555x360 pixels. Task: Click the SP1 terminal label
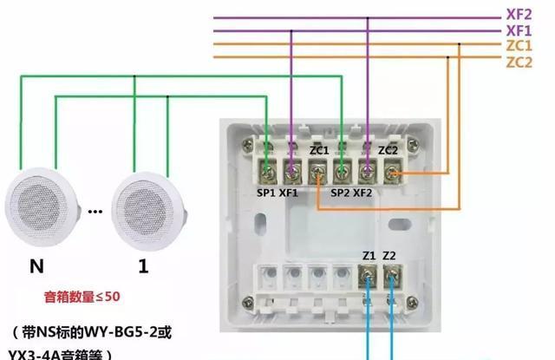265,193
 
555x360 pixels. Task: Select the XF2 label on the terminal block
363,193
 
